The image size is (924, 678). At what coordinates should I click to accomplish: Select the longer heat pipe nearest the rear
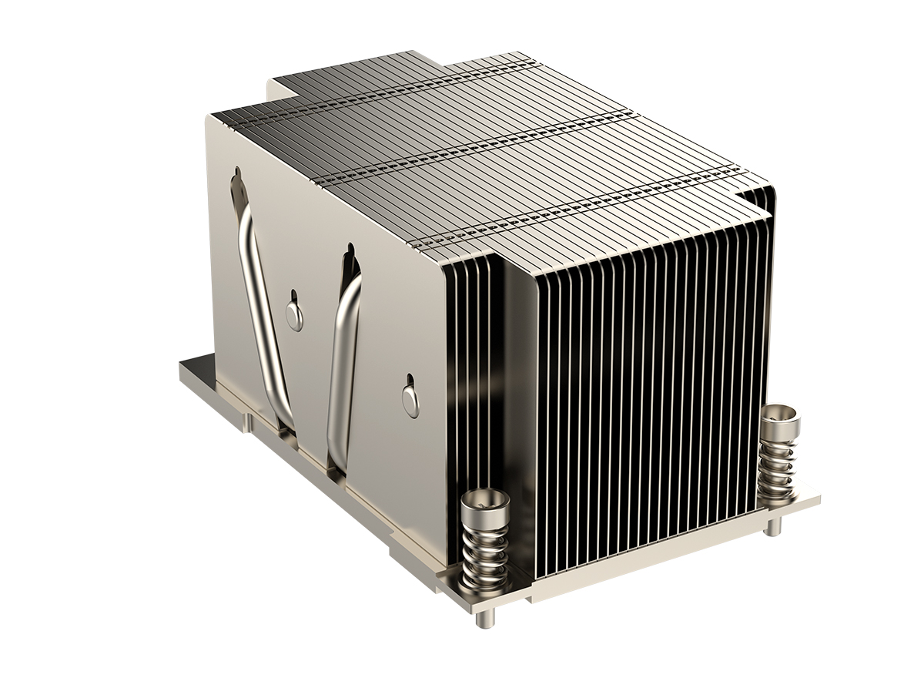(x=262, y=300)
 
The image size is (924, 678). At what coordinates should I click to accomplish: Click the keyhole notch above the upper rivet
(x=293, y=295)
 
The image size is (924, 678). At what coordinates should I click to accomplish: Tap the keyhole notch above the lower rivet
(x=410, y=381)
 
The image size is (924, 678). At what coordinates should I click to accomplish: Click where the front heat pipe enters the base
(x=336, y=463)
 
